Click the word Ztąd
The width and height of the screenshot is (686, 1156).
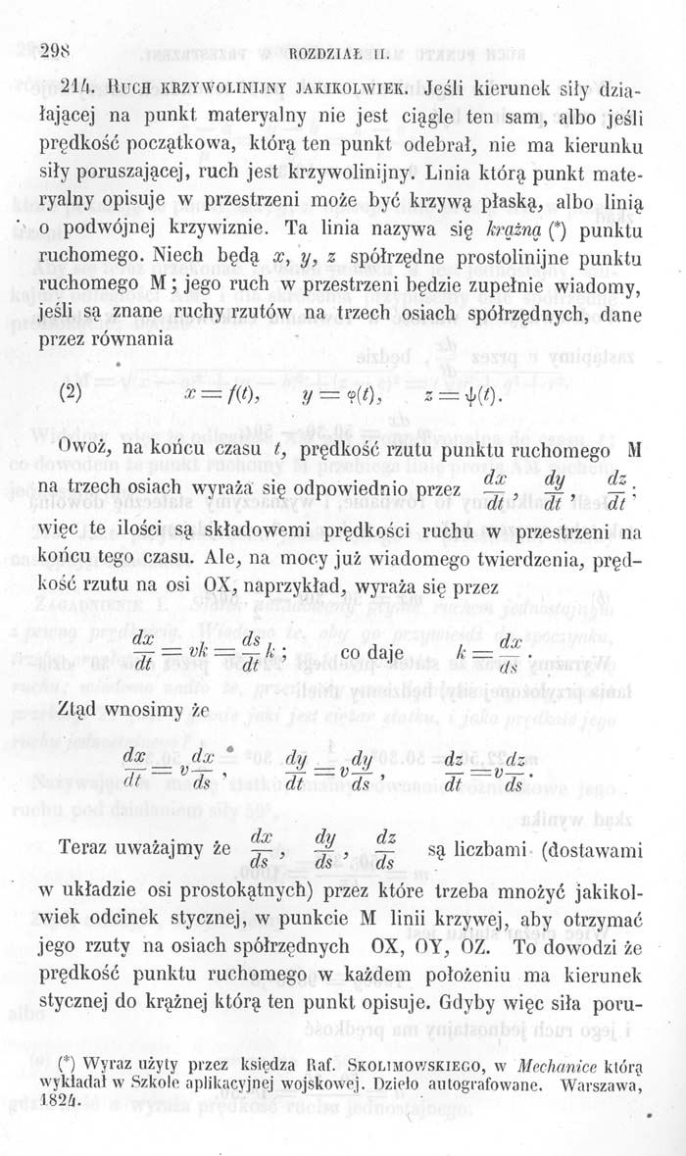pyautogui.click(x=85, y=710)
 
